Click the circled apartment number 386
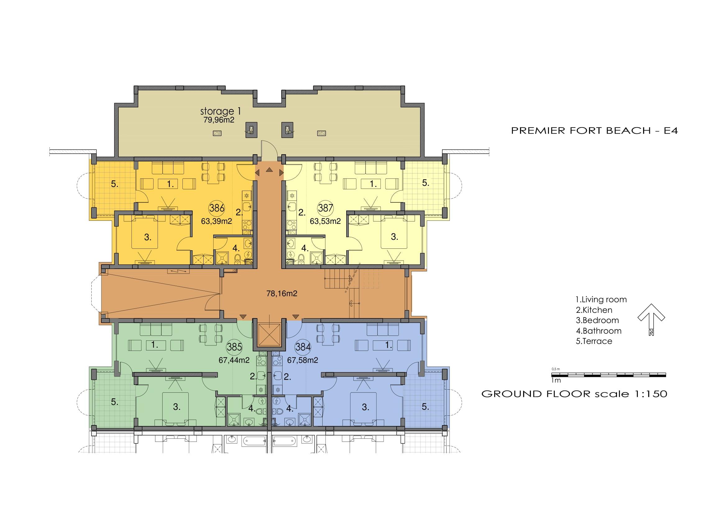(x=217, y=208)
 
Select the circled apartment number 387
(x=325, y=208)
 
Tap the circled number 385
(x=234, y=347)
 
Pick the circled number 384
(x=303, y=347)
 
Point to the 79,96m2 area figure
(x=219, y=120)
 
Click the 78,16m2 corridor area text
(x=282, y=294)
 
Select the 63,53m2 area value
(x=325, y=221)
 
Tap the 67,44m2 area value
(x=234, y=360)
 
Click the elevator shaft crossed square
(x=269, y=335)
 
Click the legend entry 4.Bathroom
(x=599, y=331)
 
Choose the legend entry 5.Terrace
(x=594, y=341)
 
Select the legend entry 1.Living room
(x=601, y=299)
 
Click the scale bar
(x=609, y=375)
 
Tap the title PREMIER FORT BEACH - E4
(x=594, y=131)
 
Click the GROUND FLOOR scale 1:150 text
(x=574, y=394)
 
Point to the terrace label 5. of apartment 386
(x=115, y=184)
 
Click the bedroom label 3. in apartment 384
(x=366, y=407)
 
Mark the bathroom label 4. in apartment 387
(x=305, y=248)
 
